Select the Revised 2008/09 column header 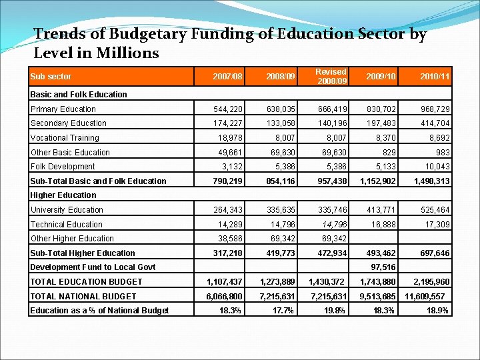331,76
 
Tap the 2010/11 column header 433,77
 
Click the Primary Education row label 63,109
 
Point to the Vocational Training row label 65,138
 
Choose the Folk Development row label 63,167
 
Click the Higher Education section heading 63,195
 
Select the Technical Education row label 67,225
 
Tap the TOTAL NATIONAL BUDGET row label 83,296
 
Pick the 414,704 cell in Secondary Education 433,123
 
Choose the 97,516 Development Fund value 382,267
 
